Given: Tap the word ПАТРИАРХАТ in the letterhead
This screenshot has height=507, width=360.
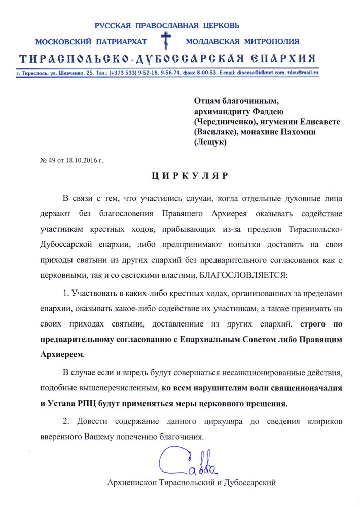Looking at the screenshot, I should [120, 41].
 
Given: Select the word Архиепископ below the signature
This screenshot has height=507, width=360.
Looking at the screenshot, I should [131, 482].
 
